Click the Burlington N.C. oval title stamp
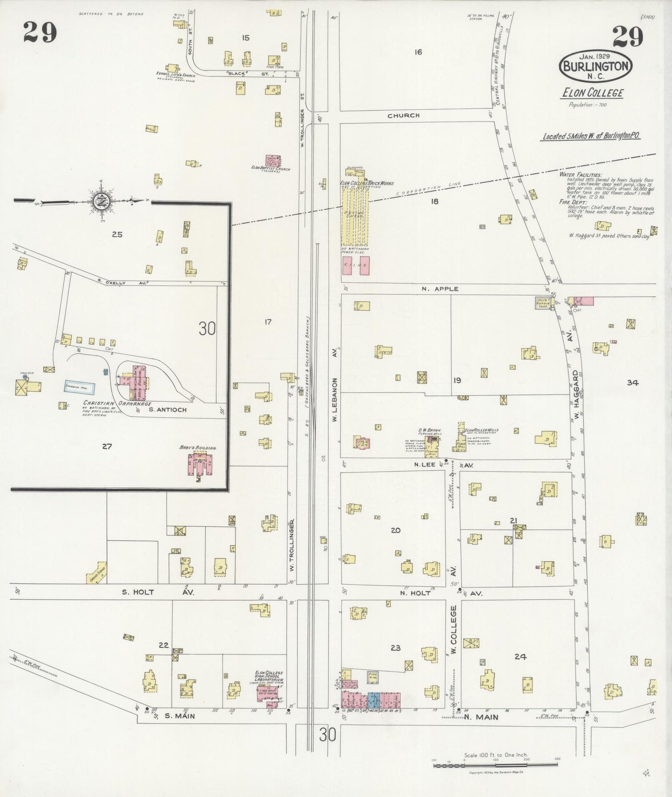click(596, 66)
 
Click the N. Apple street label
click(440, 289)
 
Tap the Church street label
click(404, 115)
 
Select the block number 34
click(632, 383)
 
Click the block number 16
click(418, 52)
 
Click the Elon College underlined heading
click(592, 93)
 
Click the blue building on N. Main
click(373, 700)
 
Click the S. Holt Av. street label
click(157, 592)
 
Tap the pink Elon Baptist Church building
click(273, 161)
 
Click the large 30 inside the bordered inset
click(207, 329)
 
